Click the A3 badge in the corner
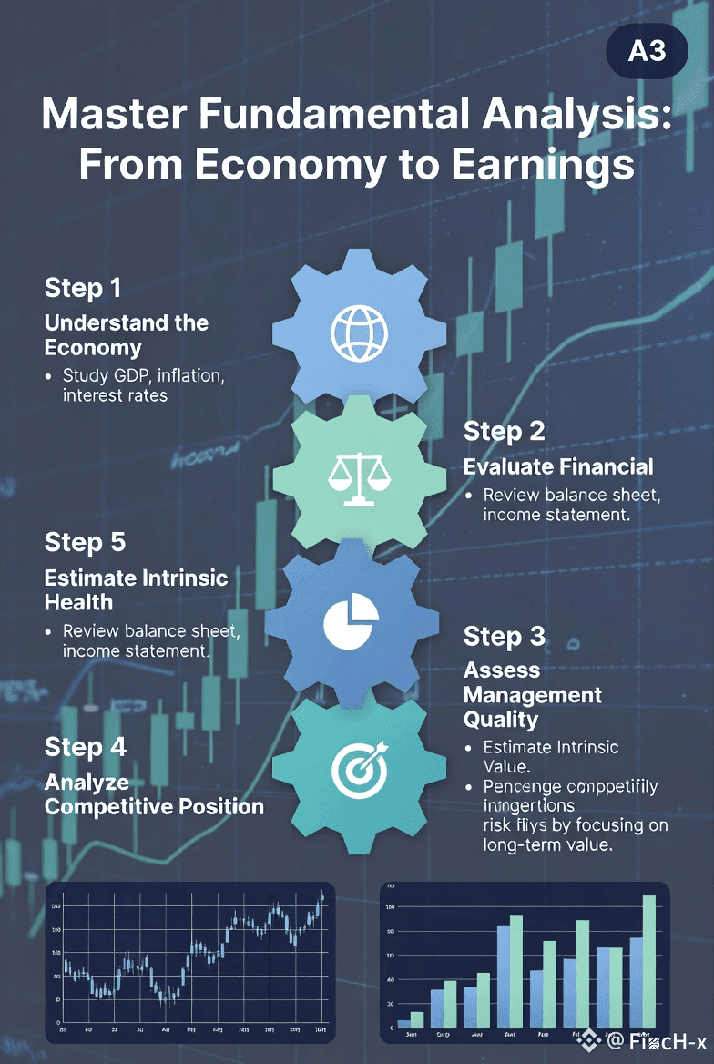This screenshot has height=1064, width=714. point(647,50)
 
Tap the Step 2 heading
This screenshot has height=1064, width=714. point(504,431)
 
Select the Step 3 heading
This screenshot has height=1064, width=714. point(504,636)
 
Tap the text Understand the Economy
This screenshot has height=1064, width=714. point(126,334)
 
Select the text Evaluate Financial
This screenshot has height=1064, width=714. point(558,466)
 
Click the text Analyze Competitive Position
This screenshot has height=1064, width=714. point(154,793)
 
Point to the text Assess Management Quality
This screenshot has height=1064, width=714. point(532,694)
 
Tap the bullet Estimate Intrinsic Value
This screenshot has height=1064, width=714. point(550,756)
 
